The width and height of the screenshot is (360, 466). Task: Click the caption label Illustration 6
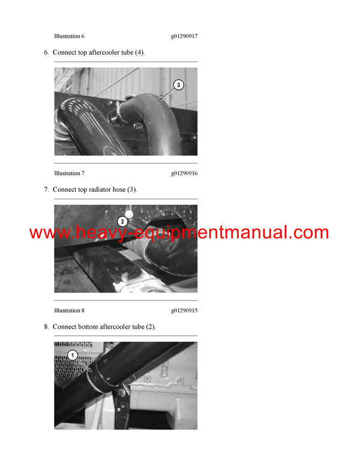pyautogui.click(x=69, y=36)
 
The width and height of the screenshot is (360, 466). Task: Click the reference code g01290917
pyautogui.click(x=184, y=36)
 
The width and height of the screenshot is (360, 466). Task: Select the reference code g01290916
pyautogui.click(x=184, y=174)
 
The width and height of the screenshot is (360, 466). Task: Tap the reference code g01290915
pyautogui.click(x=184, y=310)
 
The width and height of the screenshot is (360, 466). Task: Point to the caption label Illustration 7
pyautogui.click(x=69, y=174)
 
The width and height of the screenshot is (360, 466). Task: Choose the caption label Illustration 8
pyautogui.click(x=69, y=310)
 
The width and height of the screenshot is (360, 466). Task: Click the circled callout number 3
pyautogui.click(x=178, y=85)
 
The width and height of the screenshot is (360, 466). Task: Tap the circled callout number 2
pyautogui.click(x=122, y=220)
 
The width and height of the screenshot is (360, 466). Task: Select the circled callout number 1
pyautogui.click(x=73, y=356)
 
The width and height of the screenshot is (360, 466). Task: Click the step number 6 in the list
pyautogui.click(x=46, y=52)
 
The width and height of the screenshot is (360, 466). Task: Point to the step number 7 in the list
pyautogui.click(x=46, y=190)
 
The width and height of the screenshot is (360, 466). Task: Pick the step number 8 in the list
pyautogui.click(x=46, y=327)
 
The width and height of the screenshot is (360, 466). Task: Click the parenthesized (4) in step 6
pyautogui.click(x=139, y=52)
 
